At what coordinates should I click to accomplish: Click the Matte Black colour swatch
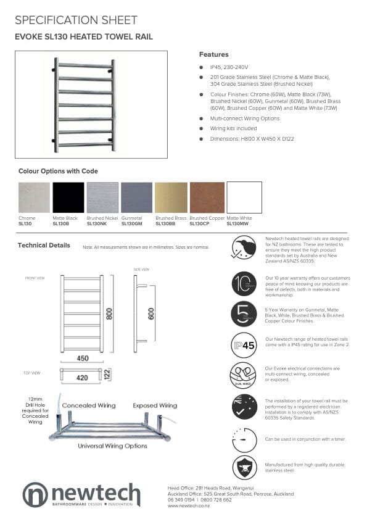tap(68, 197)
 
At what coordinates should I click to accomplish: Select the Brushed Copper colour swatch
tap(207, 197)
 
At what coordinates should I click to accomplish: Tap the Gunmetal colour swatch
tap(138, 197)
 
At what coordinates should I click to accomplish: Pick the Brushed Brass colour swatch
tap(172, 197)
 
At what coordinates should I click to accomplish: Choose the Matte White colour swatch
tap(244, 197)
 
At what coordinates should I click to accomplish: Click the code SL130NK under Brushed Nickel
tap(97, 223)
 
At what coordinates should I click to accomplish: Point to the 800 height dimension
tap(109, 313)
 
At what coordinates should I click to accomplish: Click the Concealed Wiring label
tap(89, 405)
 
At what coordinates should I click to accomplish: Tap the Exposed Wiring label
tap(155, 405)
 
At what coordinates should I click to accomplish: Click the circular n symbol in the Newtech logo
tap(35, 495)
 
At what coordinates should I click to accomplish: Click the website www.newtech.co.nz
tap(189, 505)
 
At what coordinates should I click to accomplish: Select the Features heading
tap(213, 54)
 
